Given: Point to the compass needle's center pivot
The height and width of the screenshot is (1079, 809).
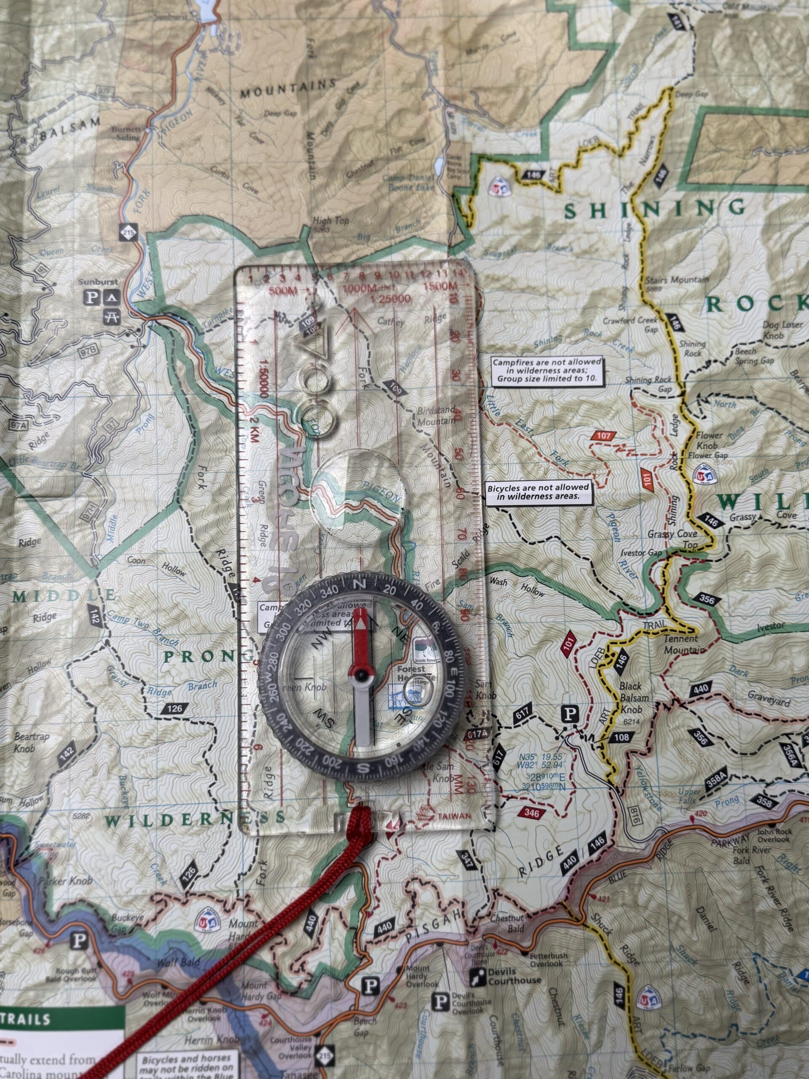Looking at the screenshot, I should [361, 676].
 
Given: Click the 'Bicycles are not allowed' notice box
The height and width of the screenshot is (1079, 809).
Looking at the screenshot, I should [539, 492].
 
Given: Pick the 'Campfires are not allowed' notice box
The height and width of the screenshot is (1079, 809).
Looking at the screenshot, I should [546, 371].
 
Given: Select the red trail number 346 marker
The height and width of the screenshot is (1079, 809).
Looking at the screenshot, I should [533, 813].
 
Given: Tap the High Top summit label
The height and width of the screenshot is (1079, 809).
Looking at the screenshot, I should [331, 221].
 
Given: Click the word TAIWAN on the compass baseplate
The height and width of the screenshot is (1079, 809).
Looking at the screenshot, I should [458, 816].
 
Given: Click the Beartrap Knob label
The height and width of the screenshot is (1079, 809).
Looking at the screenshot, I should [32, 741].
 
